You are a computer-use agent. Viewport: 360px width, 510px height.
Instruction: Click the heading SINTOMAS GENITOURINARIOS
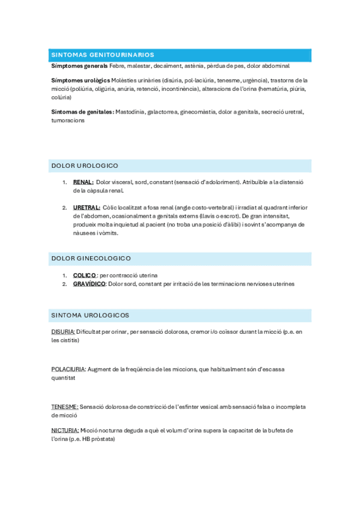click(103, 55)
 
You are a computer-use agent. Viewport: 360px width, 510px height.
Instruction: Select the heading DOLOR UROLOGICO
click(85, 165)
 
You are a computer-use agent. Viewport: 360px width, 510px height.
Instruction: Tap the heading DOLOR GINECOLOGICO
click(91, 258)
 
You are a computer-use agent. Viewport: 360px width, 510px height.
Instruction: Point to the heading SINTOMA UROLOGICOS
click(90, 315)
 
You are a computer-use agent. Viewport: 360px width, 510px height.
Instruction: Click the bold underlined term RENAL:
click(83, 182)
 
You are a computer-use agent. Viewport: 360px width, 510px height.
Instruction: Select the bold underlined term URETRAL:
click(87, 207)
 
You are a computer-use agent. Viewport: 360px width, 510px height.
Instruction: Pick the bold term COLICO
click(85, 275)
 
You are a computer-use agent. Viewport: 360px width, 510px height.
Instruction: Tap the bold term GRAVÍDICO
click(89, 284)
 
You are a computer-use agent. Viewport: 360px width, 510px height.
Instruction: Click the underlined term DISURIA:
click(63, 331)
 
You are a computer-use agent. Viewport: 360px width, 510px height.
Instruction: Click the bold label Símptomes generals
click(79, 66)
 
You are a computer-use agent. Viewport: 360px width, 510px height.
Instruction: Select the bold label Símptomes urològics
click(81, 80)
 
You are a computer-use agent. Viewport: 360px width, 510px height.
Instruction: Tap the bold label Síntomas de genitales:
click(82, 112)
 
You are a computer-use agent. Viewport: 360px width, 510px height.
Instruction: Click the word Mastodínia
click(130, 112)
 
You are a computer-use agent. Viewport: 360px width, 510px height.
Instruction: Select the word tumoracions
click(68, 120)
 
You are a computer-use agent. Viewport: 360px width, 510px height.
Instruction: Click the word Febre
click(118, 66)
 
